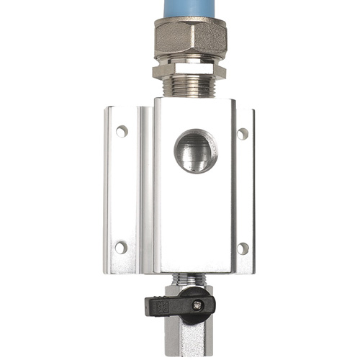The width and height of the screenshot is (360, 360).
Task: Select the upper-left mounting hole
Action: pos(122,131)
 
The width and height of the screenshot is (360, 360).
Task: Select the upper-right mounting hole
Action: pos(243,133)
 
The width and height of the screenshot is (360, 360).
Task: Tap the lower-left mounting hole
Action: pos(121,247)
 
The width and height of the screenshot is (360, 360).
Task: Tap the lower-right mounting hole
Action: pos(243,248)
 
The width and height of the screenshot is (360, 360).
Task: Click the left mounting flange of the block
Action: pos(121,191)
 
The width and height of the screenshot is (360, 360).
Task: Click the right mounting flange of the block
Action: pos(243,191)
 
